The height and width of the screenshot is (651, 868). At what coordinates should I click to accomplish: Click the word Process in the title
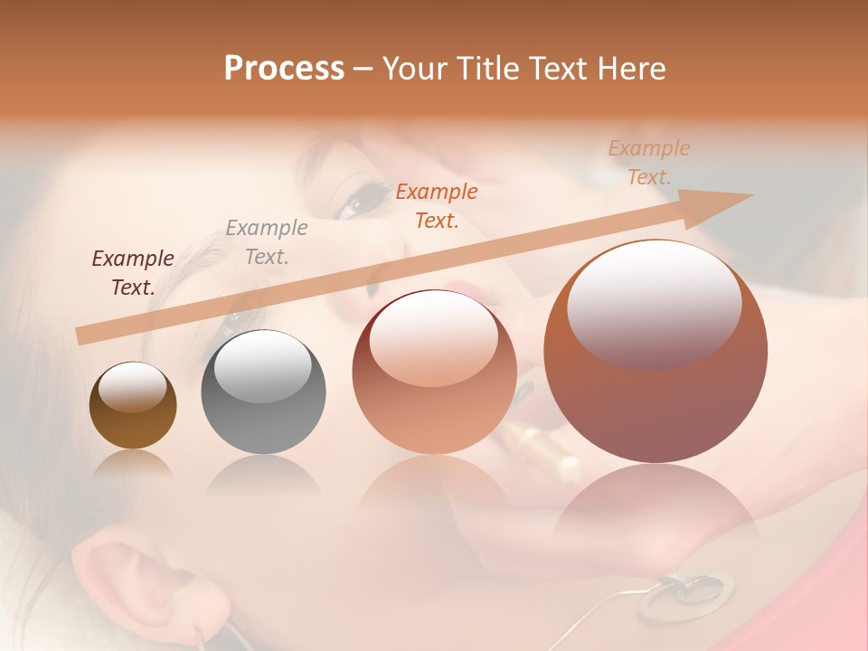click(284, 68)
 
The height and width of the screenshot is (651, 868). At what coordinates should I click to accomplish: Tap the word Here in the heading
click(631, 68)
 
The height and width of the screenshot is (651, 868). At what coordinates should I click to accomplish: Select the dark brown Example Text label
click(133, 273)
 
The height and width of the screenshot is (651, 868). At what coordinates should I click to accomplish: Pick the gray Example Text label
click(267, 242)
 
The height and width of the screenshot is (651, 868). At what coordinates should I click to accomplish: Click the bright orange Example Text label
click(437, 205)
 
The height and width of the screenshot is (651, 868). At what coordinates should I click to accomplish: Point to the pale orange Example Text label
click(648, 163)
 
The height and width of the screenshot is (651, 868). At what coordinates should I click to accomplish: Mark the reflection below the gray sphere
click(263, 475)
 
